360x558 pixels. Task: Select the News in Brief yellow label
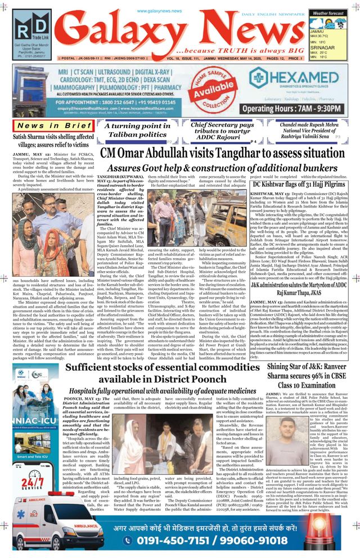[54, 125]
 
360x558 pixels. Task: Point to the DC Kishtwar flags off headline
[299, 184]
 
